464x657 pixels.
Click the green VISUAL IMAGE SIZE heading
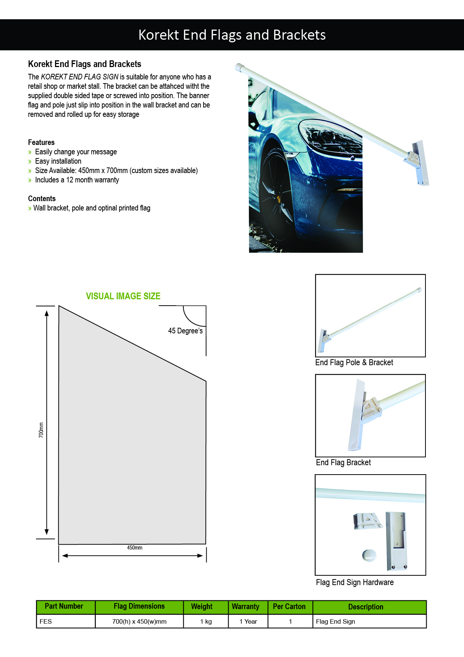point(123,296)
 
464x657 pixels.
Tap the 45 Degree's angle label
point(185,331)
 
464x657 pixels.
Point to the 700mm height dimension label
point(41,430)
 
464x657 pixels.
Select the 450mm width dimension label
point(135,548)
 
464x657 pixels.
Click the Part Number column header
point(64,606)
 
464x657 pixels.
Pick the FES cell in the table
point(46,621)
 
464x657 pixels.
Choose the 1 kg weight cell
point(206,621)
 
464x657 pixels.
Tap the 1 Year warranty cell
point(248,621)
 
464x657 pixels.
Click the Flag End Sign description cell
point(335,621)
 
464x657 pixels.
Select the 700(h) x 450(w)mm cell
point(139,621)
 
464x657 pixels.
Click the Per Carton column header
point(289,606)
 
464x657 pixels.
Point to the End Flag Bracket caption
point(343,463)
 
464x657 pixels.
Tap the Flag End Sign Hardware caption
point(355,582)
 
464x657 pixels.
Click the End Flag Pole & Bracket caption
point(354,363)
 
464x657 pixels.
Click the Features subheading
point(41,142)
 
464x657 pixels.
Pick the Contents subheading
point(42,199)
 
